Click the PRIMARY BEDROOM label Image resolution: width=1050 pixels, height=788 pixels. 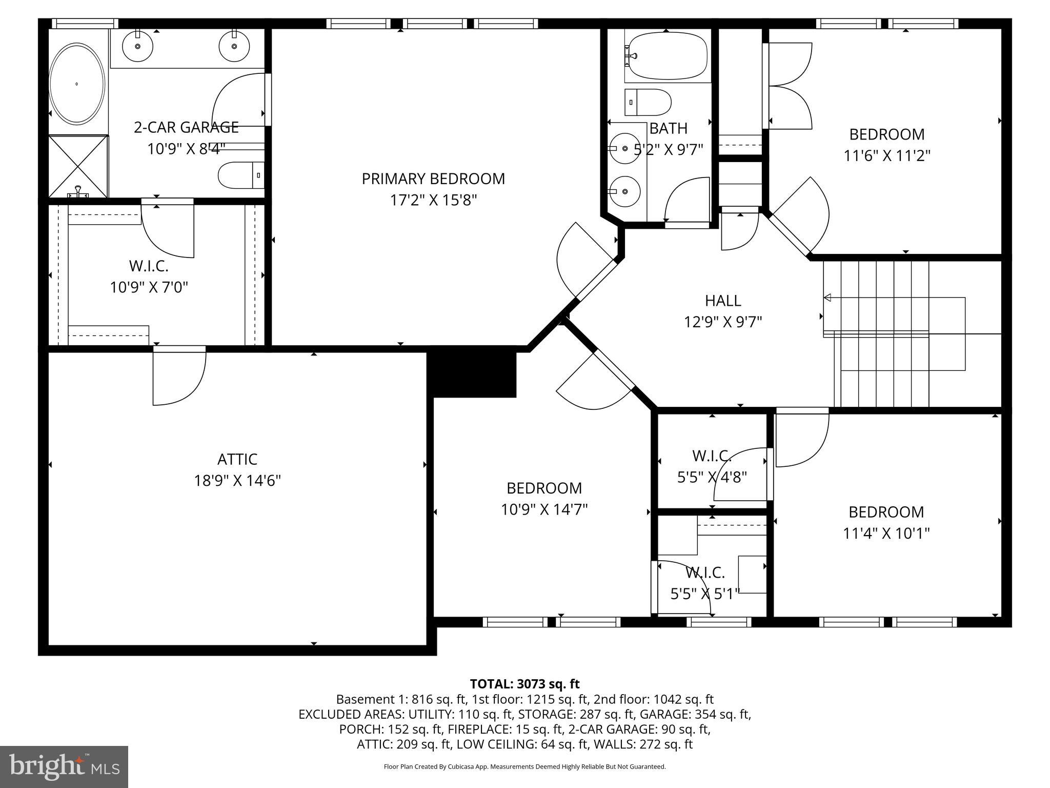click(x=433, y=179)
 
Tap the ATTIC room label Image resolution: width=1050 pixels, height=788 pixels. click(x=237, y=459)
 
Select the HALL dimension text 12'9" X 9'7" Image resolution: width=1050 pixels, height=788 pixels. click(x=723, y=322)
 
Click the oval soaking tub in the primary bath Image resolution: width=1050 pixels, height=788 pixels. click(x=77, y=84)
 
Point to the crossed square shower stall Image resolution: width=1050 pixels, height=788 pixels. click(x=78, y=166)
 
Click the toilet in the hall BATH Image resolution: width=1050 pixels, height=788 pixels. click(x=647, y=102)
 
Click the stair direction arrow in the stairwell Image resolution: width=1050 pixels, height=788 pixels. click(x=828, y=298)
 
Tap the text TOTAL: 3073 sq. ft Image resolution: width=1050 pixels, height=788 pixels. click(x=524, y=684)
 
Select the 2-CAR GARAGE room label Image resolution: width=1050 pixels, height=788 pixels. click(x=186, y=127)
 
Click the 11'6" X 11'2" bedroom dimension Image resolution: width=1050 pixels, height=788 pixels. click(x=887, y=155)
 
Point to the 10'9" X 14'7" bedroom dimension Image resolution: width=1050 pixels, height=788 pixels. click(x=544, y=509)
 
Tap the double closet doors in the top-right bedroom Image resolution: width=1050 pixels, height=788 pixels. click(x=790, y=86)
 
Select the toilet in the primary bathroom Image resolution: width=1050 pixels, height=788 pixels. click(x=240, y=175)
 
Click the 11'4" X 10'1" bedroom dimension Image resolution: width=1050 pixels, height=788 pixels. click(x=886, y=534)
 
